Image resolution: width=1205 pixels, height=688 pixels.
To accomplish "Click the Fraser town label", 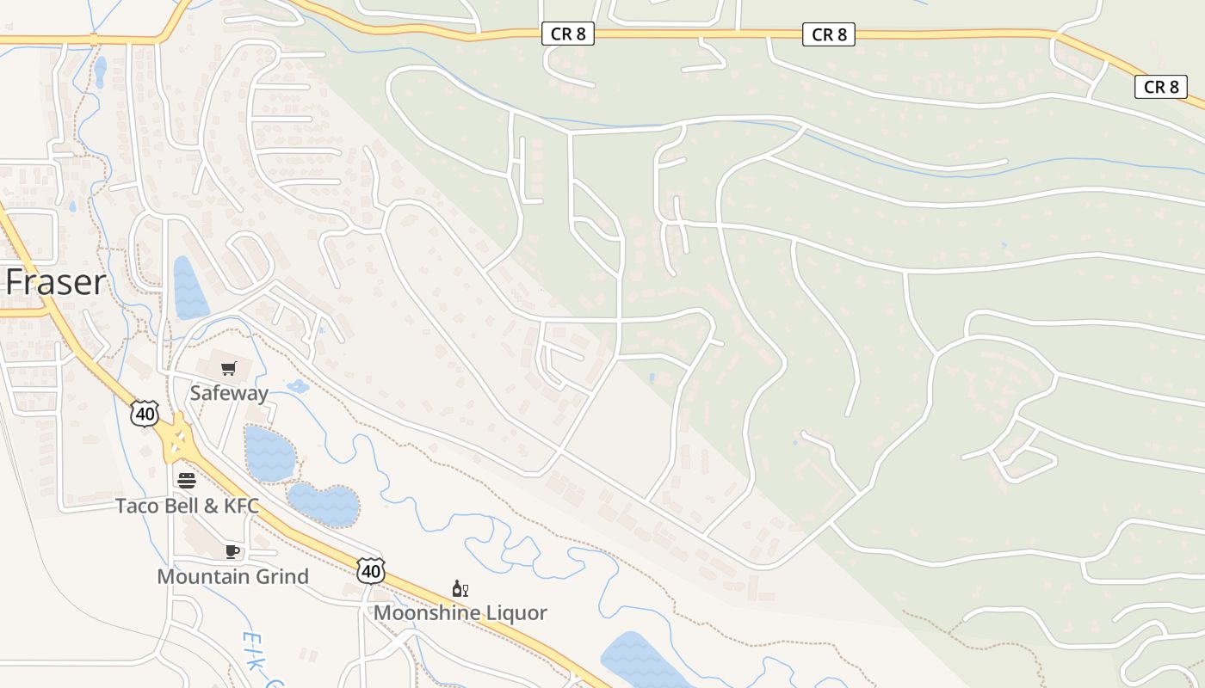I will point(57,282).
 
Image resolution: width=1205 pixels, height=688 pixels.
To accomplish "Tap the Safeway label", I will point(229,393).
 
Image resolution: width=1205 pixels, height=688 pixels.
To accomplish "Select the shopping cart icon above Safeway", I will point(229,369).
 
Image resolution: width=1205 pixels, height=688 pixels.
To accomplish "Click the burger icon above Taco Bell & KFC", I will point(187,480).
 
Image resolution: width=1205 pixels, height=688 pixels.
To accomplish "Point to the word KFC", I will point(241,506).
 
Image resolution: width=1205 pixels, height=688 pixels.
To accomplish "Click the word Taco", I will point(138,506).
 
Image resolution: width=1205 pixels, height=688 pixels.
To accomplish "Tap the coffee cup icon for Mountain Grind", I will point(232,551).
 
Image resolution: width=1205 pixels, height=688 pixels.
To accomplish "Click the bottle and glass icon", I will point(460,589).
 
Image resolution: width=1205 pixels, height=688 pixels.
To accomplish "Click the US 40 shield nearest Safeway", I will point(145,415).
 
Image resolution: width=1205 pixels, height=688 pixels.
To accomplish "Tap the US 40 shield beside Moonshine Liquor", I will point(371,570).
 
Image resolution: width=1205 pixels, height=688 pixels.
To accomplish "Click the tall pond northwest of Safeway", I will point(190,289).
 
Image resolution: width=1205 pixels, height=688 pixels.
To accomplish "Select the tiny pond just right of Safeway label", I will point(298,386).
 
